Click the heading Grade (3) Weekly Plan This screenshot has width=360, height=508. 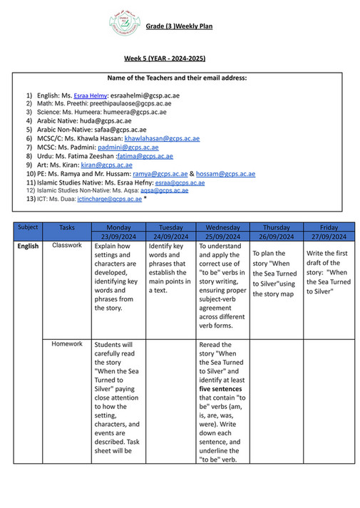click(180, 27)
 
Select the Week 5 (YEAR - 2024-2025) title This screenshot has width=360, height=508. click(179, 60)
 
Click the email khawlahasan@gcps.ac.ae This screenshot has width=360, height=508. click(162, 139)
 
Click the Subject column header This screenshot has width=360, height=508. click(28, 227)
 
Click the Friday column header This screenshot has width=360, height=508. click(329, 227)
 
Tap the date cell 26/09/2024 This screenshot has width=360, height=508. click(274, 237)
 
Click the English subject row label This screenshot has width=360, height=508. click(28, 247)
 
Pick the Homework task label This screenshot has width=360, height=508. click(67, 344)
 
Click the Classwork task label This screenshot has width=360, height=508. click(67, 246)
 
